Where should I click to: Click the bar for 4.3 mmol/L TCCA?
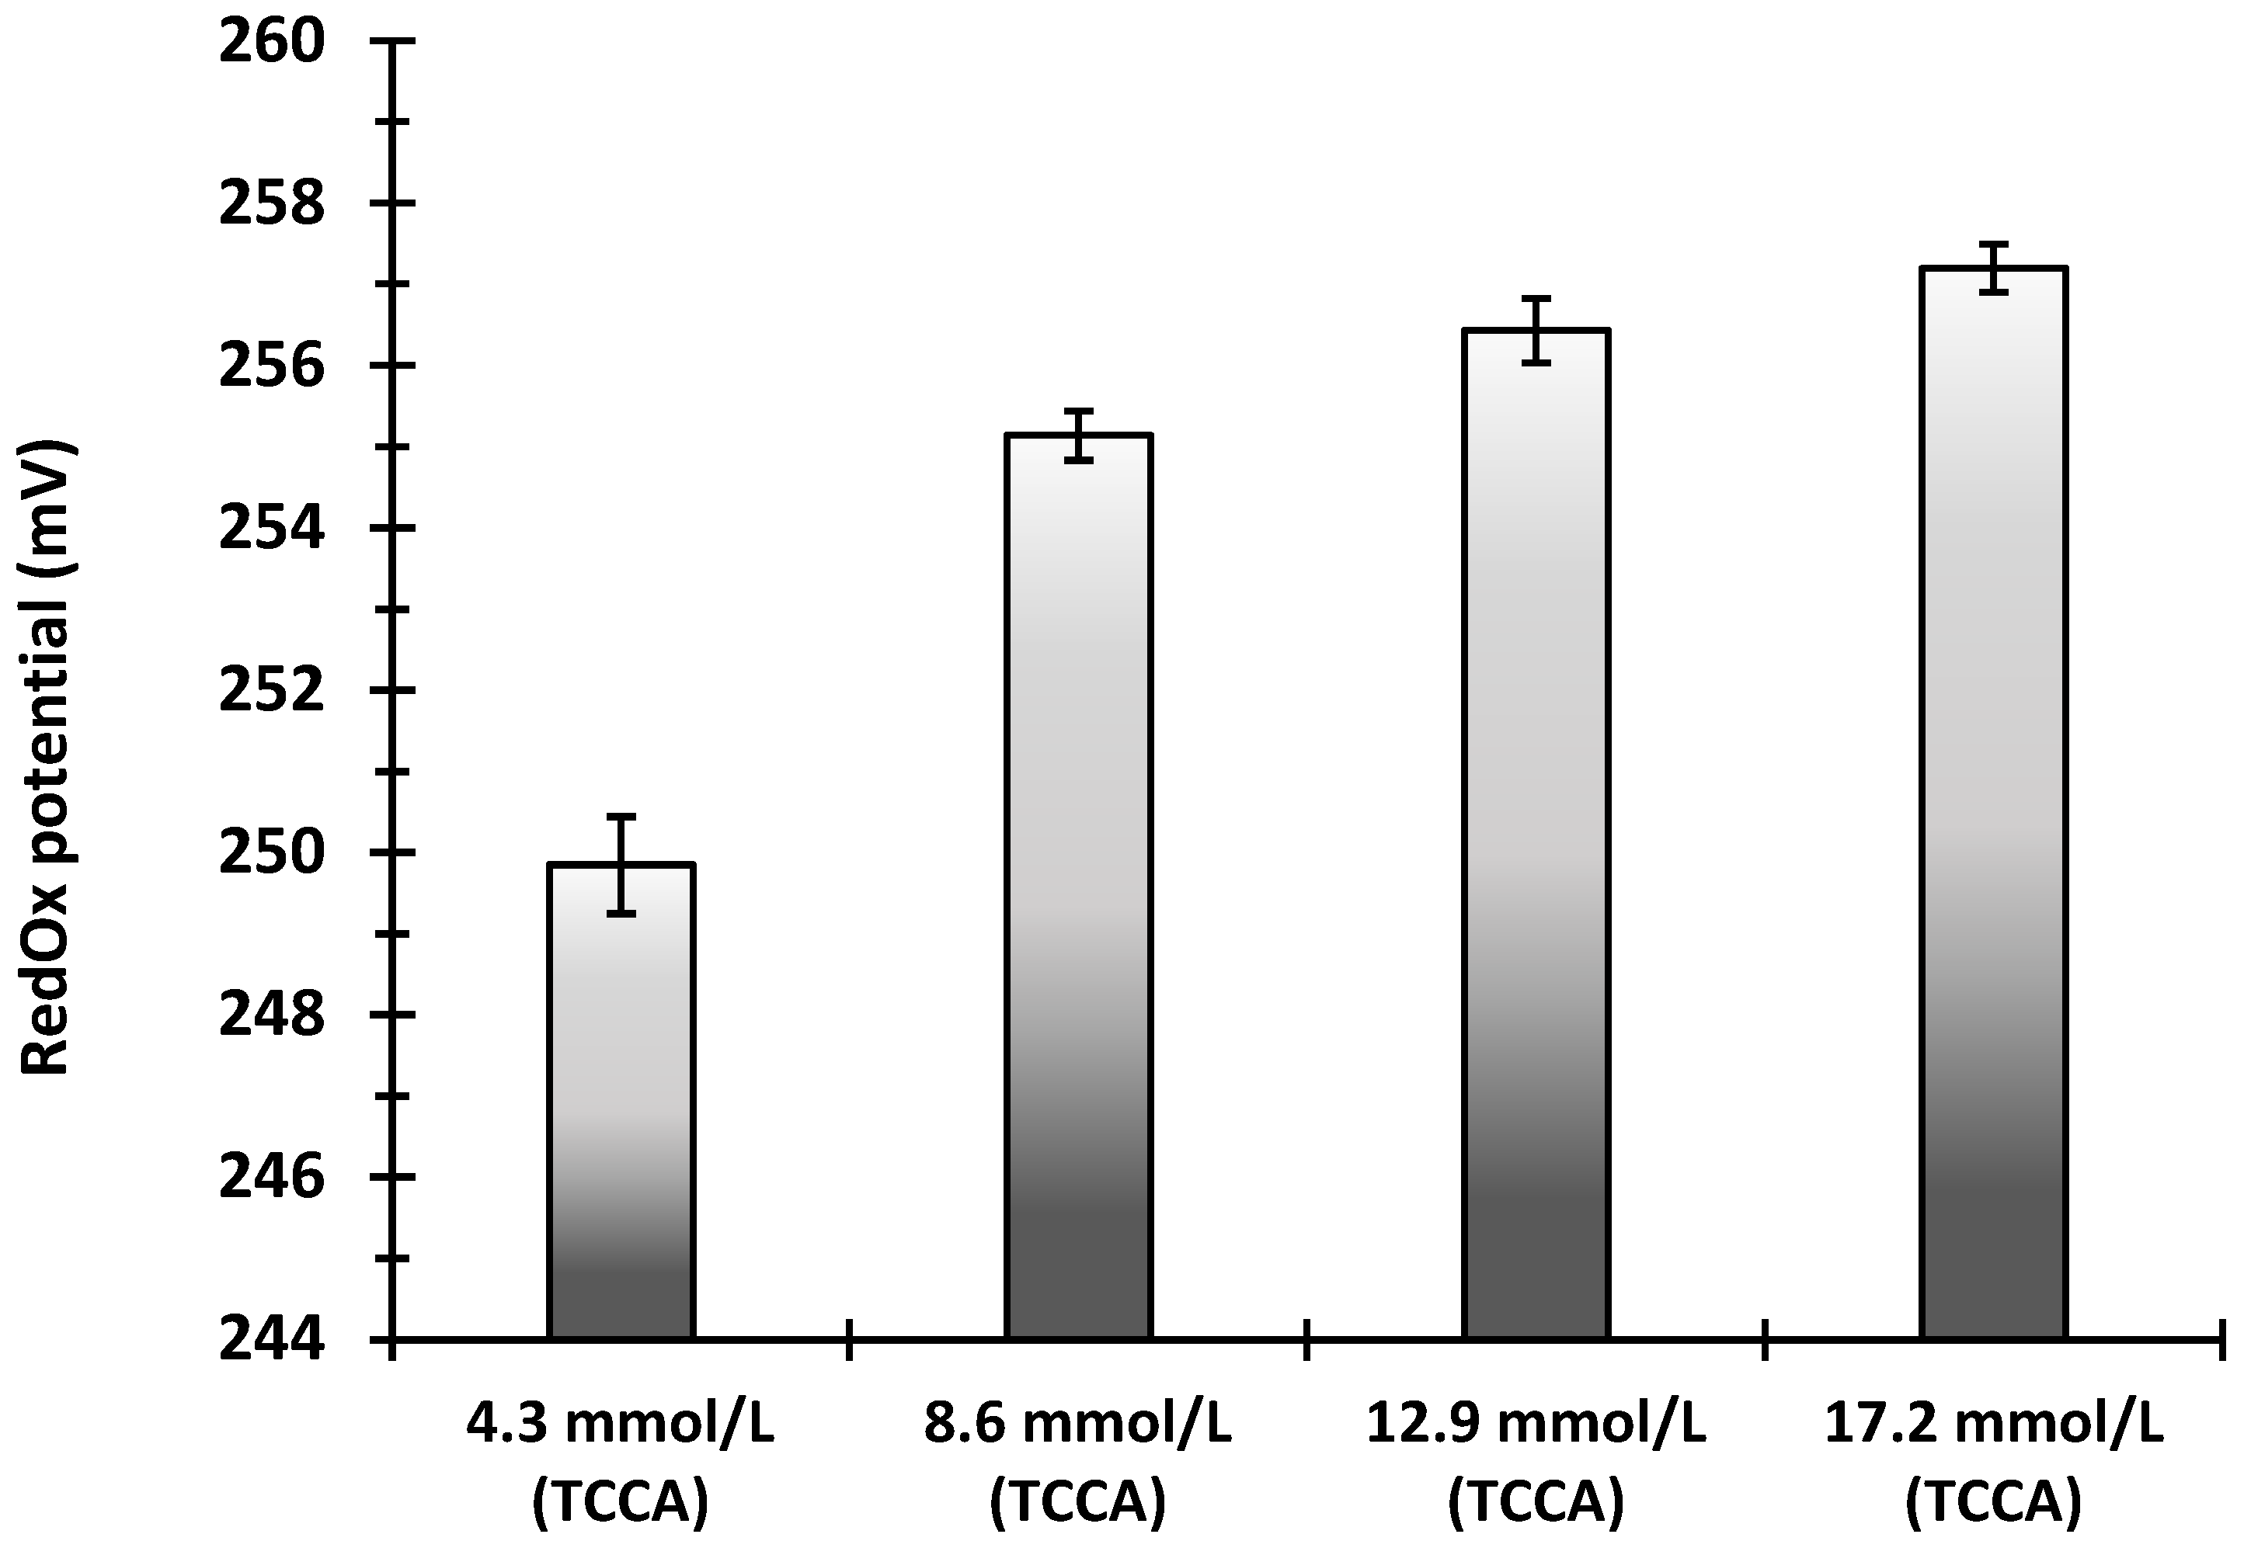point(621,1101)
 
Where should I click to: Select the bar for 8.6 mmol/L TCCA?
point(1079,887)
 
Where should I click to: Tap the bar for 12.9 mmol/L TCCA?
point(1536,834)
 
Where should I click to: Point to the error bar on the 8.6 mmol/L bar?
point(1079,436)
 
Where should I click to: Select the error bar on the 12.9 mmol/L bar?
point(1536,331)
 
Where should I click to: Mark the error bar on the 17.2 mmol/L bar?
point(1995,268)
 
